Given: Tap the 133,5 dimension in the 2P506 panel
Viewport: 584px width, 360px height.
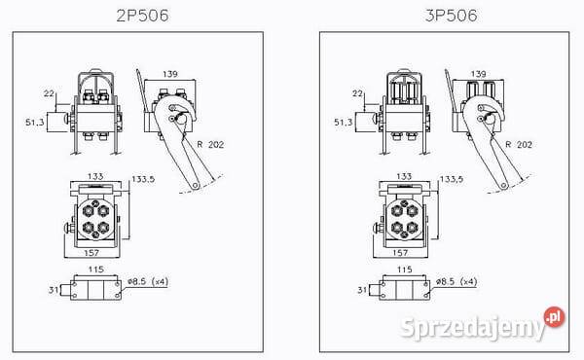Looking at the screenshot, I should pyautogui.click(x=142, y=180).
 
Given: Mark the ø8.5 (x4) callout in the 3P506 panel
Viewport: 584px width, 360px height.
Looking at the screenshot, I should pyautogui.click(x=457, y=283).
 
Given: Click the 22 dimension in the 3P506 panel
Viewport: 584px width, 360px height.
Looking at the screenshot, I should pyautogui.click(x=358, y=93).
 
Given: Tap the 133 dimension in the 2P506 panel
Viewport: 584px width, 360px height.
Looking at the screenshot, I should pyautogui.click(x=93, y=178).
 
